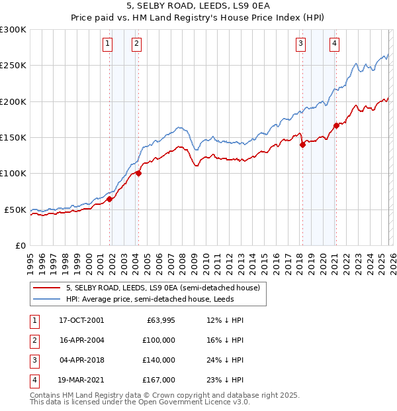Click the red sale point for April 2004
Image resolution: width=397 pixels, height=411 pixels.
tap(138, 174)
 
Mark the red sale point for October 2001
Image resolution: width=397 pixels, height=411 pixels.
tap(109, 199)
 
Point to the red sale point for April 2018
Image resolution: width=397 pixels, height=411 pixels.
tap(302, 145)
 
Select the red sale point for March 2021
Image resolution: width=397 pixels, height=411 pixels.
tap(337, 125)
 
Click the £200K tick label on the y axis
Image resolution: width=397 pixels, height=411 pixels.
tap(13, 101)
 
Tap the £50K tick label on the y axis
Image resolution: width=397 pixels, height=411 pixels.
tap(15, 209)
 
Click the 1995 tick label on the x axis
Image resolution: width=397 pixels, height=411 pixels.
tap(30, 262)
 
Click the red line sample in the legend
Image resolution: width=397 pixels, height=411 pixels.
tap(47, 288)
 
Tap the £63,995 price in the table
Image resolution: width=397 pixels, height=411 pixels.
tap(159, 320)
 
